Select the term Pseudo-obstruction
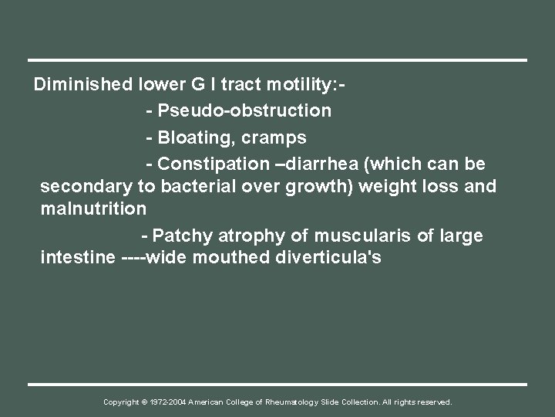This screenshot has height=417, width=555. pos(244,111)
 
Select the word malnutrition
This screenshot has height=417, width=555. pos(93,208)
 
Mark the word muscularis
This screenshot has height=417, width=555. pos(351,236)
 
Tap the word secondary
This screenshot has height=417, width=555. pos(81,187)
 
